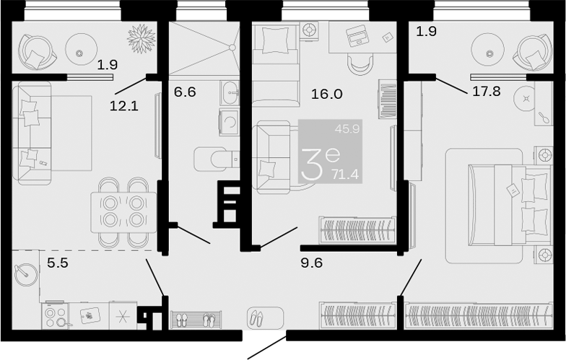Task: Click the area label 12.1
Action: point(124,106)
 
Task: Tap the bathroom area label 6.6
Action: point(185,92)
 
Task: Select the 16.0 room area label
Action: point(327,94)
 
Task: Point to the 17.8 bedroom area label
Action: point(487,91)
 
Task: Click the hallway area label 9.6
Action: point(312,263)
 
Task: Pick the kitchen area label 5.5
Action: point(58,263)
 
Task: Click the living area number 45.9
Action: point(347,128)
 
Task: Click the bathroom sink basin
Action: point(230,92)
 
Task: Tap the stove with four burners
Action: point(55,316)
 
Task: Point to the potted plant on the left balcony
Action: point(141,38)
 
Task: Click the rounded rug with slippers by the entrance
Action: point(266,317)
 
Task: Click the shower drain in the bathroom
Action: point(232,47)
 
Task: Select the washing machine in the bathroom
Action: point(230,122)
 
